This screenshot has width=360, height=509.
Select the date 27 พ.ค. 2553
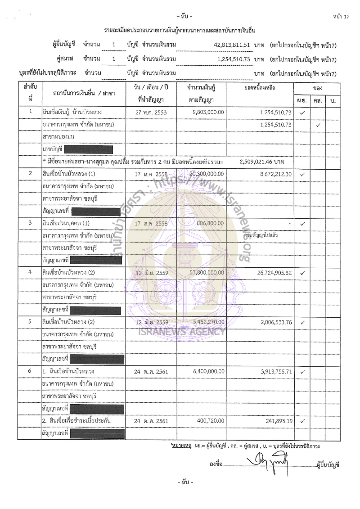coord(151,112)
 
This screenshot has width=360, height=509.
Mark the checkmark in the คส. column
coord(318,125)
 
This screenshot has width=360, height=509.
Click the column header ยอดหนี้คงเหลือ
coord(260,88)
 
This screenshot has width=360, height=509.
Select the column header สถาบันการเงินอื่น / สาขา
coord(83,93)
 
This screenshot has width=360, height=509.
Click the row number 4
coord(30,272)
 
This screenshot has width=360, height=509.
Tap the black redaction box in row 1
coord(88,149)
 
